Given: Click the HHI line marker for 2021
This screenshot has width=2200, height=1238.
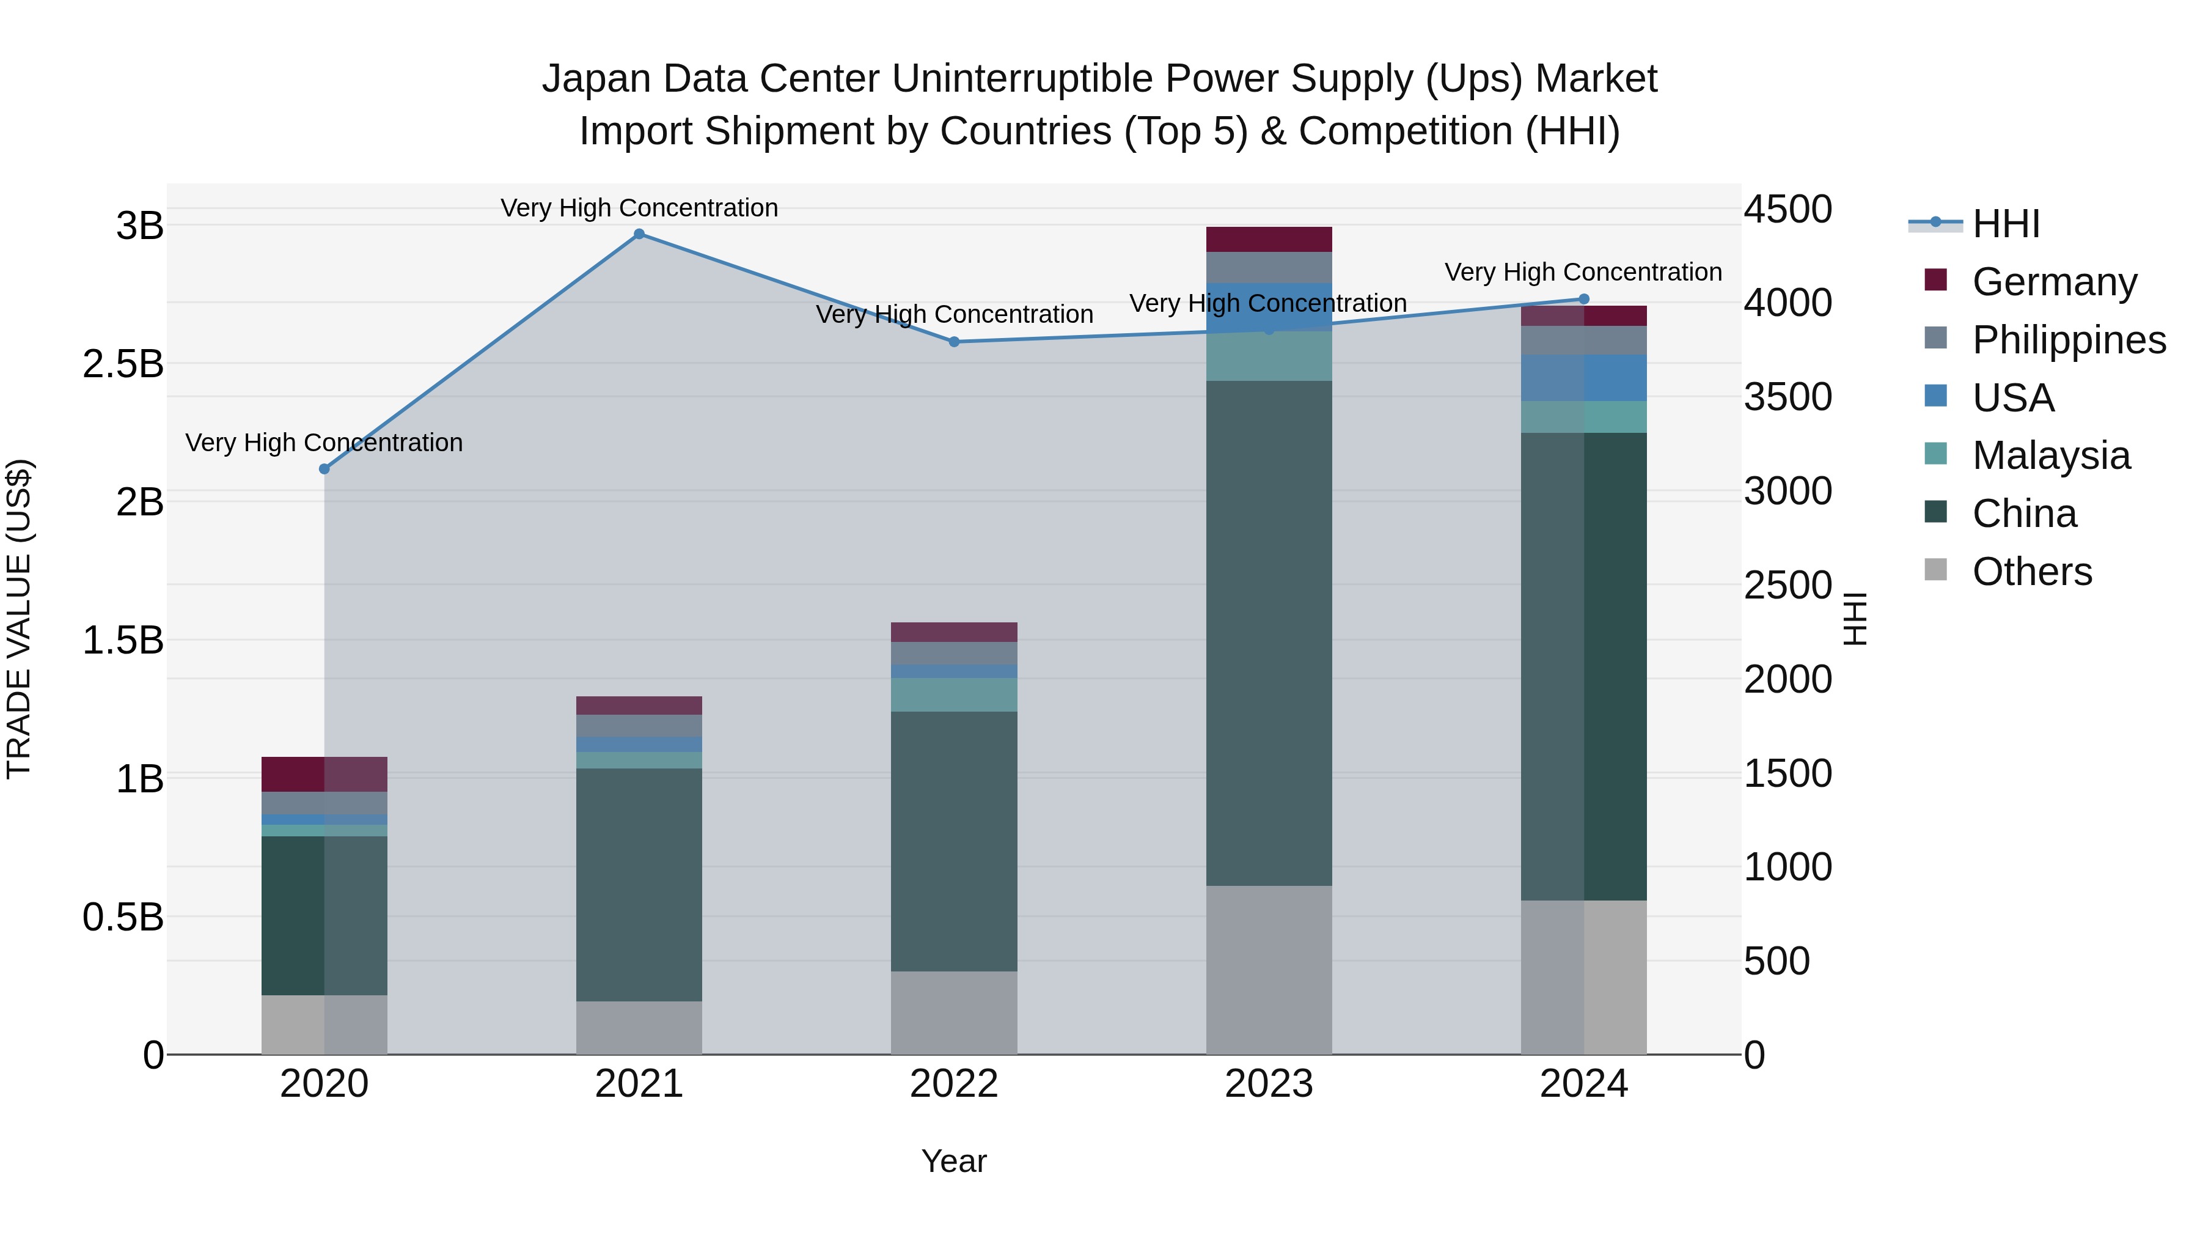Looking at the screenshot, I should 639,234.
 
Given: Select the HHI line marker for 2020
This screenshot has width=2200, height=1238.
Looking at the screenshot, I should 324,469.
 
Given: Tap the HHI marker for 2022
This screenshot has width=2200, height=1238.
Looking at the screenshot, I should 954,342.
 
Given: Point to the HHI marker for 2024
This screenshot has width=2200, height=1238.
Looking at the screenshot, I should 1583,299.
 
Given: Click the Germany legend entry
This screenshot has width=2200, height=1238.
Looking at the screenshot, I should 2054,281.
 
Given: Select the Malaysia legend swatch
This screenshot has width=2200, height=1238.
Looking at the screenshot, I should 1936,454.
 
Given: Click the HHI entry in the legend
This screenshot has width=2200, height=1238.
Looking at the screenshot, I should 2005,224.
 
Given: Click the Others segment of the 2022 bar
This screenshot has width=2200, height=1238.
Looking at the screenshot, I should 954,1012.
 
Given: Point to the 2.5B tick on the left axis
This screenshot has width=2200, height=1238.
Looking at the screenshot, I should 123,364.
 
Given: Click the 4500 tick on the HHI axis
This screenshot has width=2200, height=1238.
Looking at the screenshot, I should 1787,209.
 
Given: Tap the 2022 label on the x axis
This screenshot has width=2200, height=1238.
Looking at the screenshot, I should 954,1084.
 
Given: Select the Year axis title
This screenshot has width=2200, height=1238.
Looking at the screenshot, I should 954,1161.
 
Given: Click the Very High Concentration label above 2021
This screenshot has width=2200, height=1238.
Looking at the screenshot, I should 639,208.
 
